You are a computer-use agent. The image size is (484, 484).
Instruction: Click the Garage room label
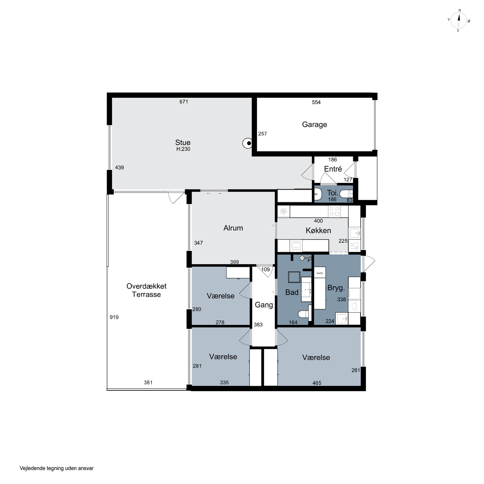click(314, 125)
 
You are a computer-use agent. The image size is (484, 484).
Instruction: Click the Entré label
click(333, 169)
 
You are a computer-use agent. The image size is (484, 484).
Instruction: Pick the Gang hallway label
click(264, 305)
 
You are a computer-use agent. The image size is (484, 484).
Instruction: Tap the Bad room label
click(292, 292)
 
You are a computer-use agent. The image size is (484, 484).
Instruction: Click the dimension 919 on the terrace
click(114, 317)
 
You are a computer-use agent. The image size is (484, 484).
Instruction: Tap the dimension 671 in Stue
click(184, 101)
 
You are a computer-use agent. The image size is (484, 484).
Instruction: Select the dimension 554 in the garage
click(316, 102)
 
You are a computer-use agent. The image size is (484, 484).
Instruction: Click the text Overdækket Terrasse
click(146, 290)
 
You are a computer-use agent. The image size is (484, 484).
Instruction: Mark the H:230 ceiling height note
click(183, 149)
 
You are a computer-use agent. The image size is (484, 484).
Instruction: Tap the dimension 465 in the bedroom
click(317, 383)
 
